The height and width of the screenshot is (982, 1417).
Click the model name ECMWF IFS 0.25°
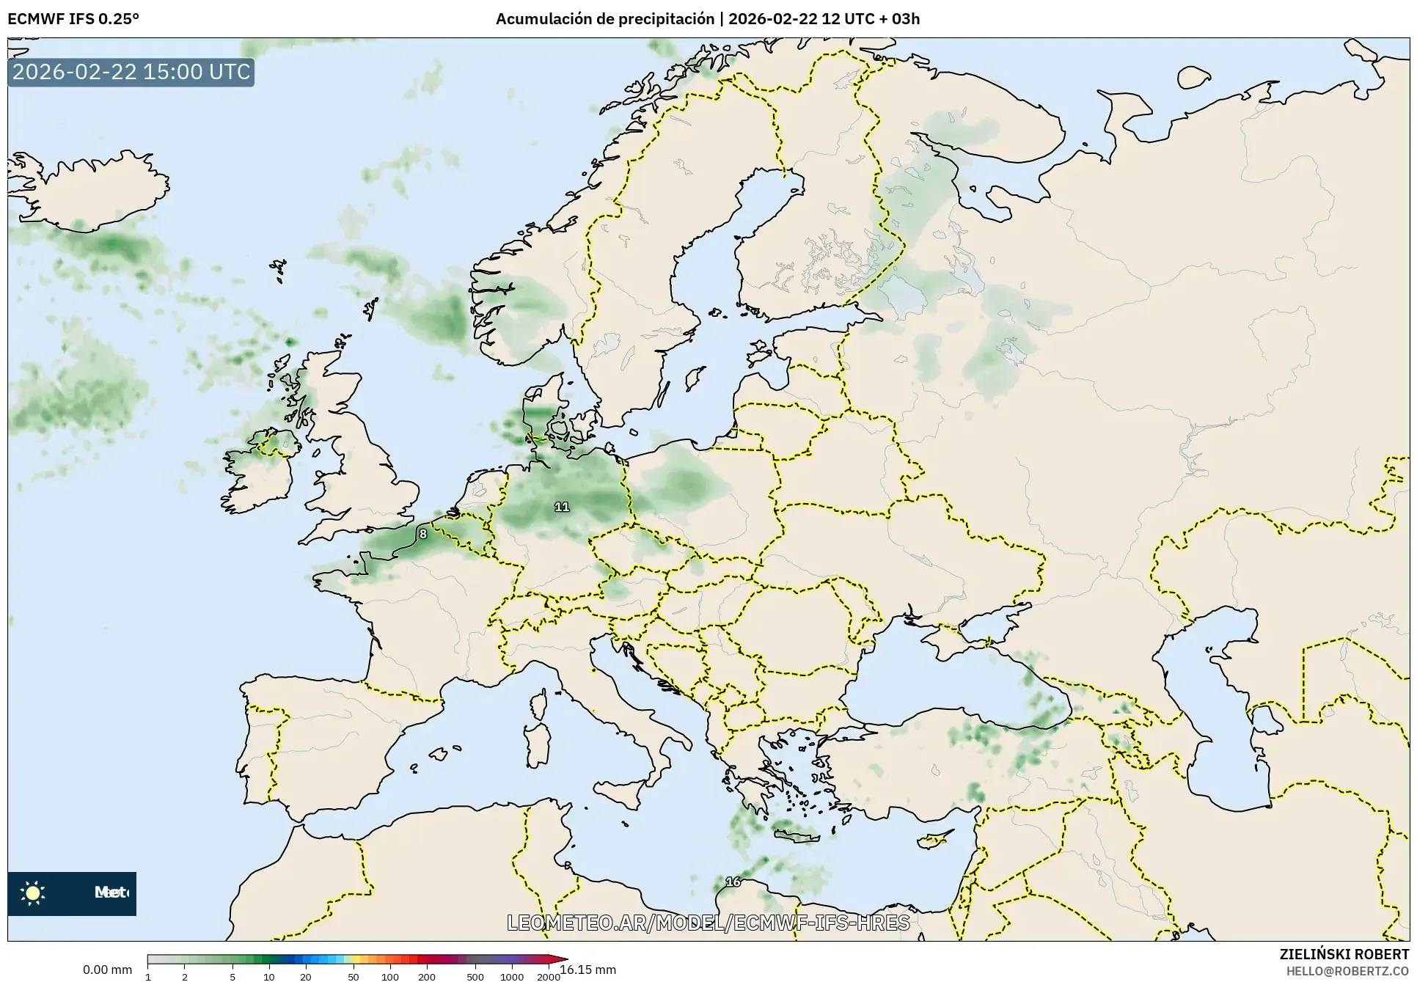(x=73, y=18)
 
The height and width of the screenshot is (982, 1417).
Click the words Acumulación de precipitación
(x=604, y=18)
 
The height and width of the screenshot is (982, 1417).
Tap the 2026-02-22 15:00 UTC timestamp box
(x=131, y=72)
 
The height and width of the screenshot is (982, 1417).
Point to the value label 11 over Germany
(x=562, y=507)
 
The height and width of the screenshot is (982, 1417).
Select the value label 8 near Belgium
(x=423, y=534)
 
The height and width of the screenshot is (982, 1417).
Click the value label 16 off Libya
(x=733, y=882)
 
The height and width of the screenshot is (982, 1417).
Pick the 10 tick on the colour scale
(x=269, y=976)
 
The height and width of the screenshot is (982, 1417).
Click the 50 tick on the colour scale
(x=354, y=976)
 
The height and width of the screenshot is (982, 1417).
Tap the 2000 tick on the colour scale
(x=548, y=976)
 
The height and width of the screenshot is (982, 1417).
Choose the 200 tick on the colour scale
(x=427, y=976)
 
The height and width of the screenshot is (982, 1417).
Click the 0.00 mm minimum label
(x=108, y=970)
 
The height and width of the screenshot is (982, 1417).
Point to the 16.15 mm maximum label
(x=588, y=970)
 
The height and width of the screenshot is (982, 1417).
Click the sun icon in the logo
(x=33, y=893)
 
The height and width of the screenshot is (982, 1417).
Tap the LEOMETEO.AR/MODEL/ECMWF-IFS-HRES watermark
(x=708, y=923)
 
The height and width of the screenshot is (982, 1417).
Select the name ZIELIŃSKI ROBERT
(x=1344, y=954)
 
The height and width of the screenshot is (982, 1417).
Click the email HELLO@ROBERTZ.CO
(x=1350, y=970)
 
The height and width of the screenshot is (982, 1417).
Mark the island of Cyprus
(x=936, y=840)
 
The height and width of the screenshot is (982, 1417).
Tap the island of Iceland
(x=88, y=191)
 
